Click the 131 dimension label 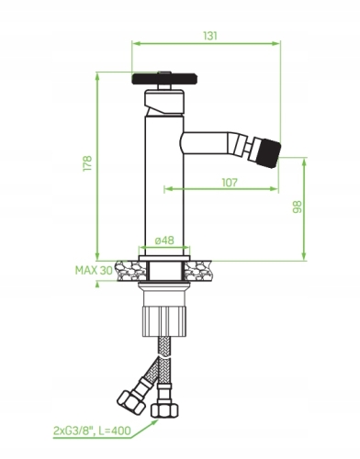pos(210,36)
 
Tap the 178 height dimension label pos(87,163)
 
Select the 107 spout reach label pos(230,183)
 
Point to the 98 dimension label pos(297,207)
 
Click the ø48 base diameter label pos(164,241)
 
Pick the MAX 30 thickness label pos(94,270)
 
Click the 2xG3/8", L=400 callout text pos(92,431)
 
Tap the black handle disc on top pos(163,79)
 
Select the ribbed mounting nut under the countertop pos(164,321)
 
